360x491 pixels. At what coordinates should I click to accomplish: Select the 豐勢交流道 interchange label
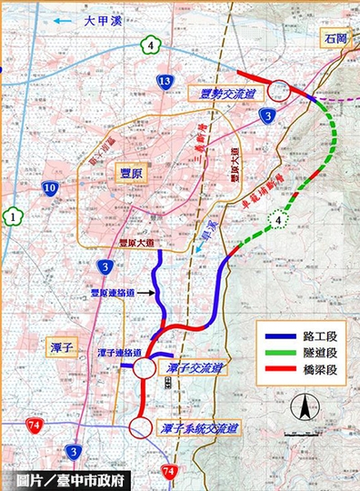tap(226, 92)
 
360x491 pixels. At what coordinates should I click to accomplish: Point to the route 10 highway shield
tap(49, 188)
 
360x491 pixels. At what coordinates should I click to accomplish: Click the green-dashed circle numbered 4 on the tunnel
tap(276, 221)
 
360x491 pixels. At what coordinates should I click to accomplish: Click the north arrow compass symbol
tap(305, 408)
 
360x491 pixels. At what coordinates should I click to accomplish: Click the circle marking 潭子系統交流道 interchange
tap(141, 426)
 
